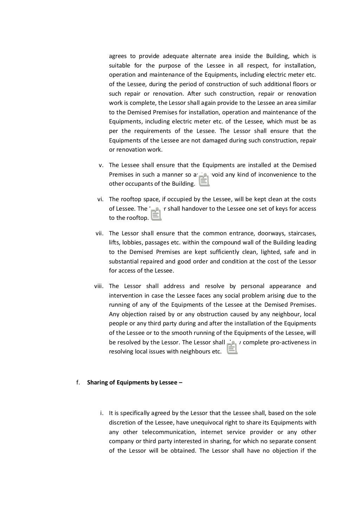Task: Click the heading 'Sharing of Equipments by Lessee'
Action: [135, 382]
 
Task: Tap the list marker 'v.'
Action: [101, 165]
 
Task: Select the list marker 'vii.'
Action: [99, 233]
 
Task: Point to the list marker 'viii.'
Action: [99, 286]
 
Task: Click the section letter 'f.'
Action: [78, 382]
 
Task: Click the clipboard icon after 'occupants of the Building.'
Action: [204, 180]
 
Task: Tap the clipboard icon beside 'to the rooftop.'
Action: [156, 214]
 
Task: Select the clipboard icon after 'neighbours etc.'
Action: [232, 348]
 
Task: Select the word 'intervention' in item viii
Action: [125, 296]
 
